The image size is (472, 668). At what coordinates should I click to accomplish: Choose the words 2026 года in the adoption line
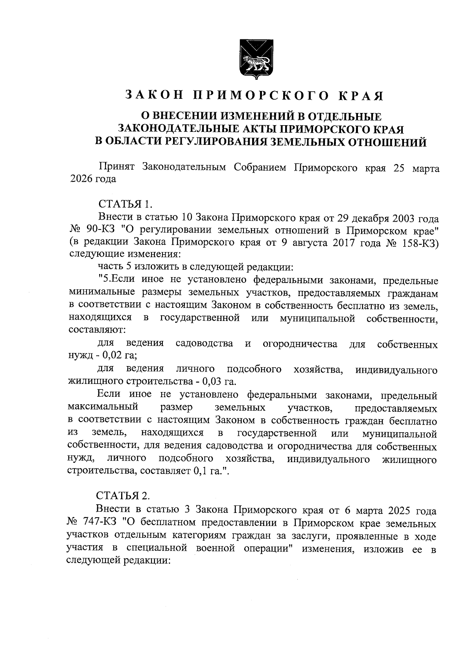93,179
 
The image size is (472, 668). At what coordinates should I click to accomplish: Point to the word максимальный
103,407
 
